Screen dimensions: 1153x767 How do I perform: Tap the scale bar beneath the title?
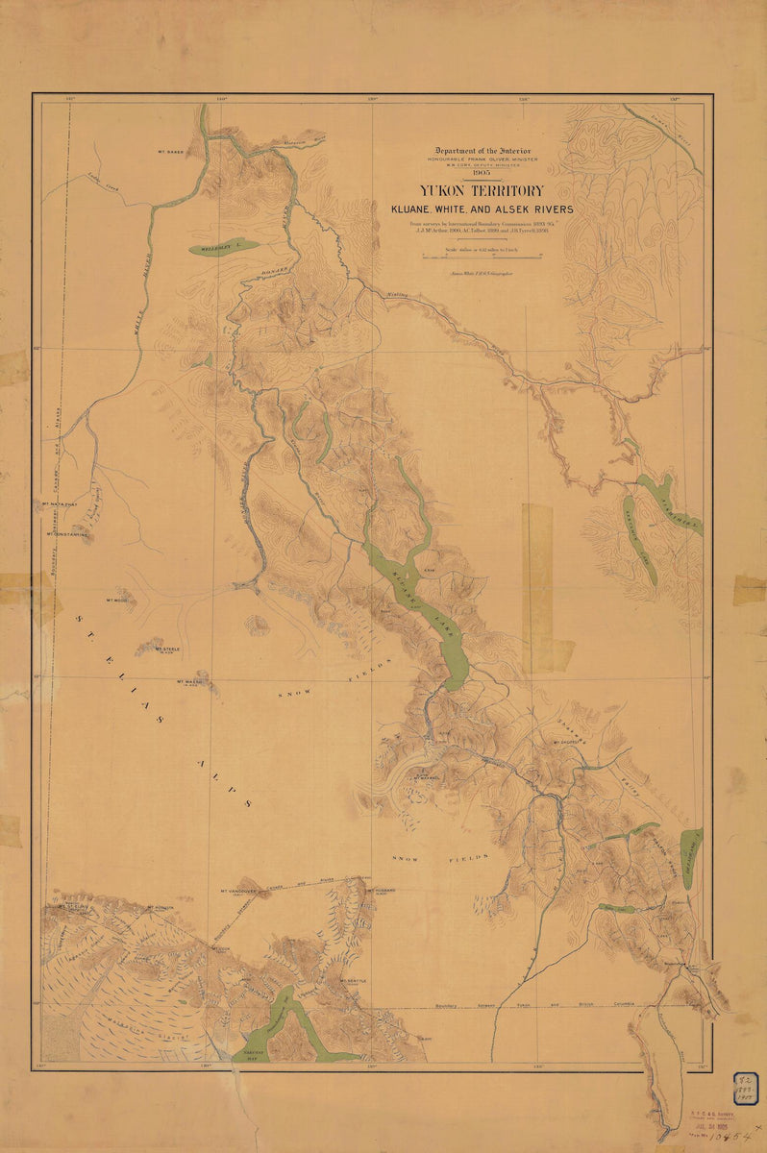pos(482,257)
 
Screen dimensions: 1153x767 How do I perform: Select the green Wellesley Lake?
pos(223,247)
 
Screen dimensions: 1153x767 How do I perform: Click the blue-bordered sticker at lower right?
pos(745,1087)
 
